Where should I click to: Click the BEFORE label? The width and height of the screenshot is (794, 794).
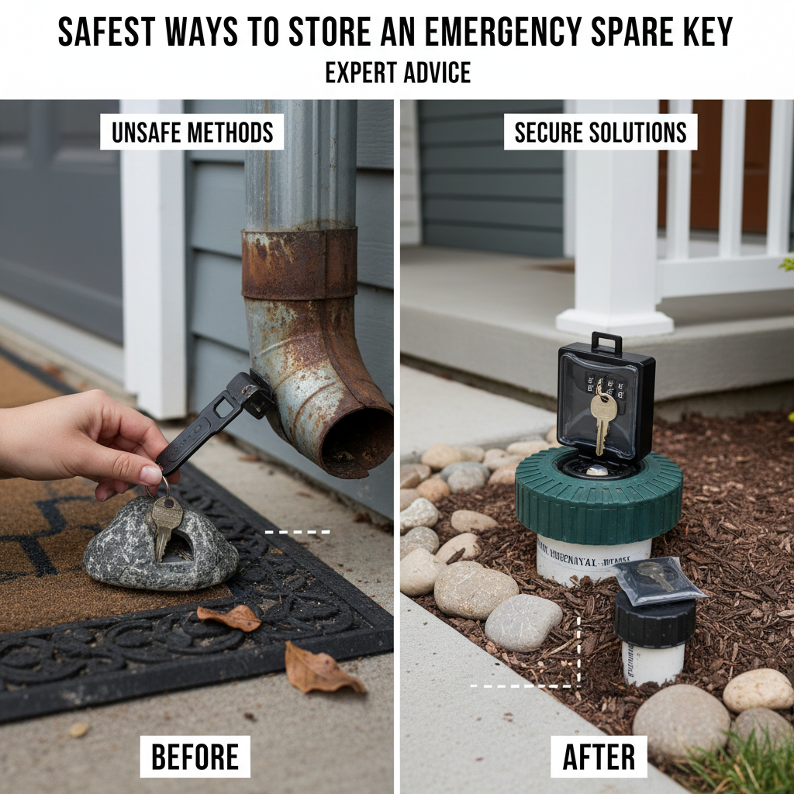coord(195,756)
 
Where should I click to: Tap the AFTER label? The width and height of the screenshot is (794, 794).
coord(598,756)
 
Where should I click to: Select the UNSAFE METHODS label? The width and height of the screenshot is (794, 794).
coord(192,133)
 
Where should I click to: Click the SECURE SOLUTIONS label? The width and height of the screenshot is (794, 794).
coord(600,133)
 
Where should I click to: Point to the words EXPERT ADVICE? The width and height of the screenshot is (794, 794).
coord(397,73)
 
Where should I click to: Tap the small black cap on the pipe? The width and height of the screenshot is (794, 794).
coord(654,621)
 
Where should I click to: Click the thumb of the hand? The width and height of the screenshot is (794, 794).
coord(147,475)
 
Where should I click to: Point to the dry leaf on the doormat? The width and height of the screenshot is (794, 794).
coord(230,617)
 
